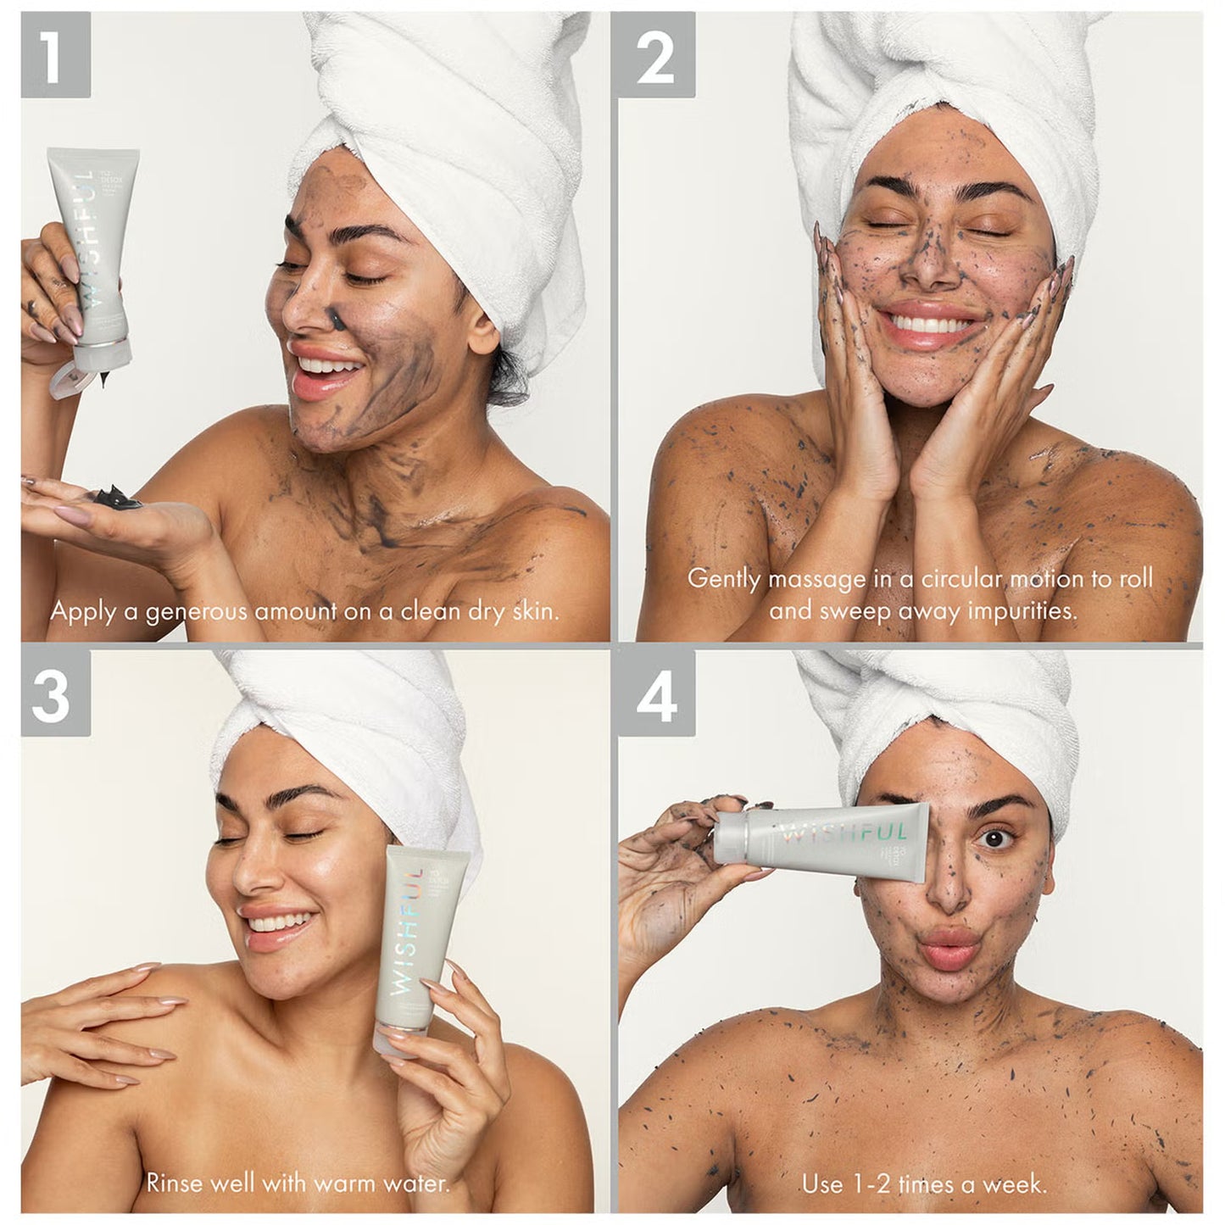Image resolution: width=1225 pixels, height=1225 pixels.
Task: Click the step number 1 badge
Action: point(55,55)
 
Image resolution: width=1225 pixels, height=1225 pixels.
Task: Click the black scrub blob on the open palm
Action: point(115,494)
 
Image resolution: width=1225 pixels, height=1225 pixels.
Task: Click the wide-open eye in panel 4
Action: point(989,838)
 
